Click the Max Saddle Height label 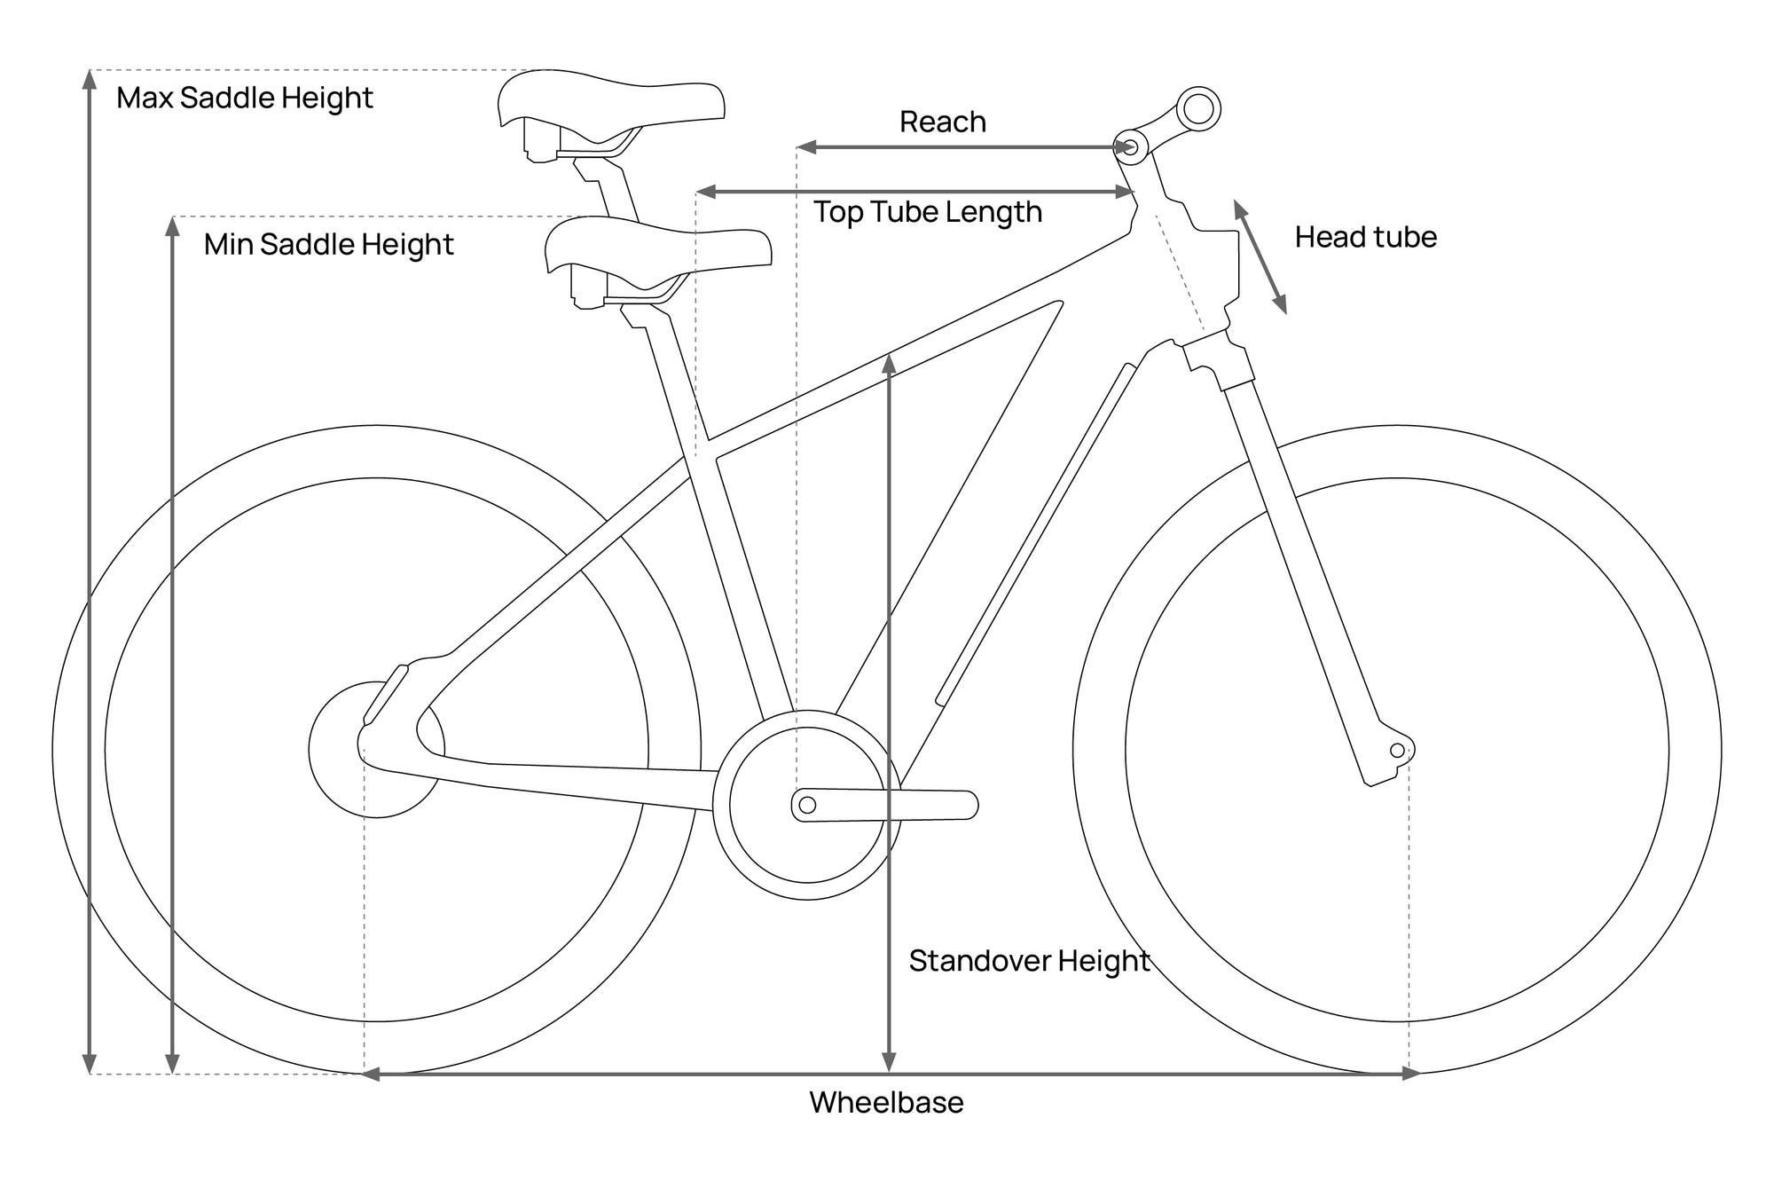pyautogui.click(x=245, y=98)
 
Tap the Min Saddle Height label pyautogui.click(x=329, y=244)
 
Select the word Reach pyautogui.click(x=943, y=122)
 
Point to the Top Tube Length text pyautogui.click(x=928, y=212)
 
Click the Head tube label pyautogui.click(x=1366, y=237)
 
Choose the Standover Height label pyautogui.click(x=1029, y=961)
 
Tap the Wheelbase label pyautogui.click(x=886, y=1102)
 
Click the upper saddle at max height pyautogui.click(x=610, y=115)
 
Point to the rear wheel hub pyautogui.click(x=376, y=750)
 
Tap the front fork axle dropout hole pyautogui.click(x=1397, y=751)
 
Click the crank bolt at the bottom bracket pyautogui.click(x=807, y=805)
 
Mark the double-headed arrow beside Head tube pyautogui.click(x=1260, y=257)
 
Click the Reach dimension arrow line pyautogui.click(x=966, y=147)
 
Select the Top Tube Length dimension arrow pyautogui.click(x=915, y=192)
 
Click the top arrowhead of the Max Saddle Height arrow pyautogui.click(x=89, y=80)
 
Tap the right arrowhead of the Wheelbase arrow pyautogui.click(x=1410, y=1074)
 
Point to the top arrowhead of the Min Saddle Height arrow pyautogui.click(x=173, y=227)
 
